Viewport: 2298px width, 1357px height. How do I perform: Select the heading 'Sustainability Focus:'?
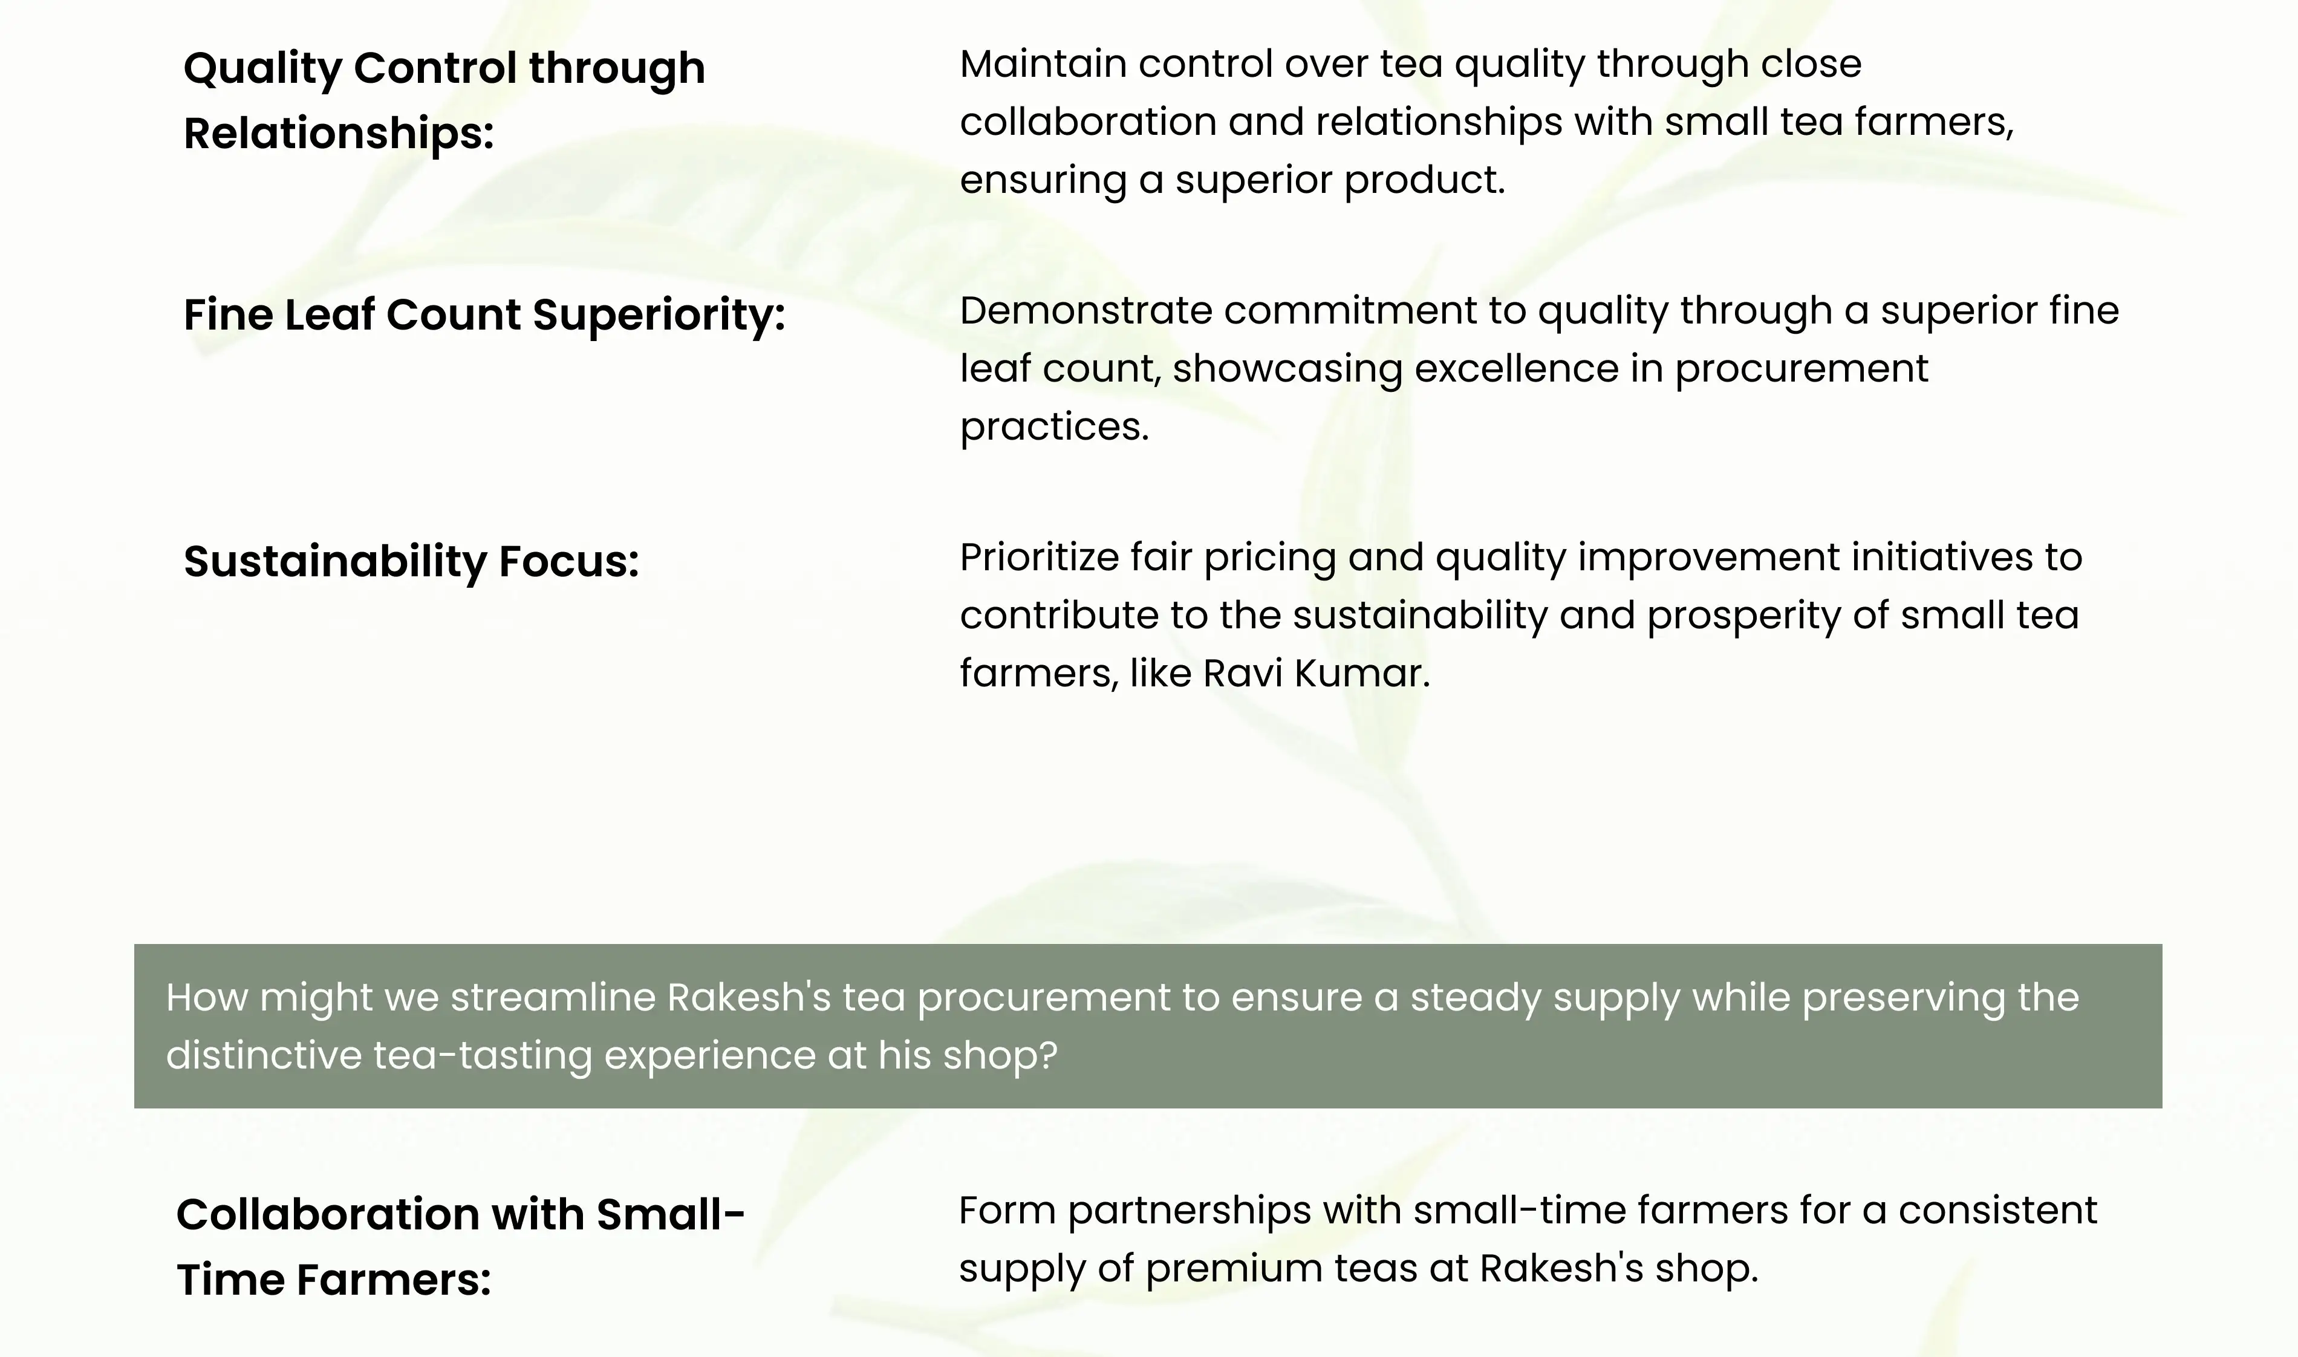(411, 561)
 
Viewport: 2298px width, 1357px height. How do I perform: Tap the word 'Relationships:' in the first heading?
(338, 134)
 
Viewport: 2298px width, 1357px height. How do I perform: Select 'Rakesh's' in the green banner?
(749, 998)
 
